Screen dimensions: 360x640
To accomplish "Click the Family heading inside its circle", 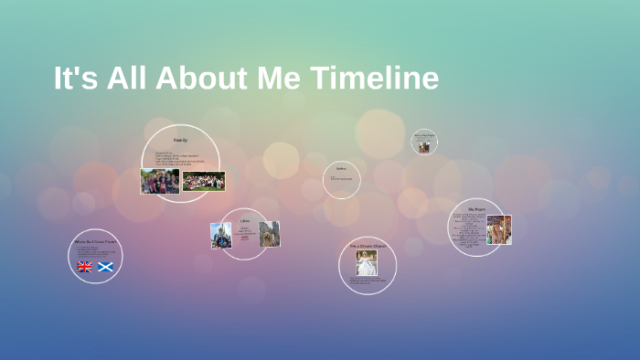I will point(180,140).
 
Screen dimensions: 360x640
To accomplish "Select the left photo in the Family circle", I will point(160,181).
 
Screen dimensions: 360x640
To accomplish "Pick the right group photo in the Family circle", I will point(204,181).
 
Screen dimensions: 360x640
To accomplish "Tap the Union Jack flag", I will point(85,267).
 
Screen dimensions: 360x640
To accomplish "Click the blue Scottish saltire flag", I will point(106,267).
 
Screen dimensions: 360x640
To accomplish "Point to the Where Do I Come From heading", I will point(95,242).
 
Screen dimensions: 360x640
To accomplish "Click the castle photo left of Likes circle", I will point(221,236).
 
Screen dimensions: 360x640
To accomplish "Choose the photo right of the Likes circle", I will point(269,234).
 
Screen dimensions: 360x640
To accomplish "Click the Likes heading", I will point(245,221).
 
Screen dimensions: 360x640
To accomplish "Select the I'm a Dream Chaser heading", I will point(368,246).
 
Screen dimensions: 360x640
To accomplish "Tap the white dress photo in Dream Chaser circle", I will point(367,263).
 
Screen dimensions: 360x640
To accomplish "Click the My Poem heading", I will point(476,209).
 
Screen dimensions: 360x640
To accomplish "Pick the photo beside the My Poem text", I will point(498,229).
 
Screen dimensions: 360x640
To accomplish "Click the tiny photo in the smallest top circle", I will point(423,146).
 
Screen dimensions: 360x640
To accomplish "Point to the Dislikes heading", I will point(342,169).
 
